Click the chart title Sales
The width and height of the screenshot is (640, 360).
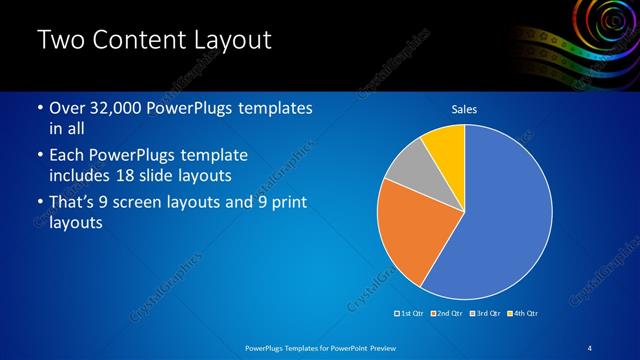click(464, 108)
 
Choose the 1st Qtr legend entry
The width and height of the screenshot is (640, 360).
click(410, 314)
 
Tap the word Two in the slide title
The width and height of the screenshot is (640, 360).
click(61, 41)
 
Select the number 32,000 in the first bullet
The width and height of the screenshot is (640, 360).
click(114, 108)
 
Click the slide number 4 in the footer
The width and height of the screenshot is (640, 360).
click(591, 347)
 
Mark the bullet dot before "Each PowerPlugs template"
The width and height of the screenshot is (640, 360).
click(39, 156)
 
